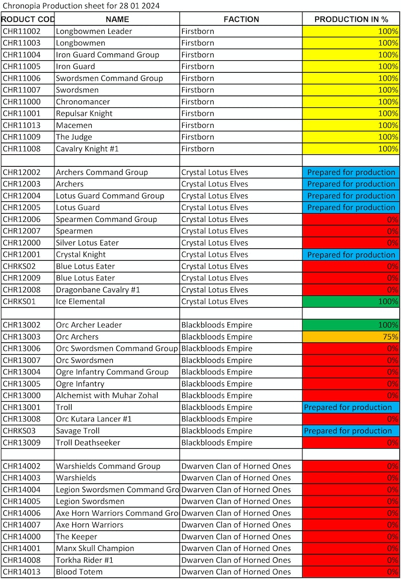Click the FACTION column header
[x=241, y=19]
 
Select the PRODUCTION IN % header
[x=351, y=19]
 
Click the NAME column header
[x=117, y=19]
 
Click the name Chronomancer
[x=83, y=101]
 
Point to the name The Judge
[x=74, y=137]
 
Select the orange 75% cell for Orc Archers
[x=351, y=337]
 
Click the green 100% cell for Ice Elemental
[x=351, y=302]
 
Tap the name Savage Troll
[x=78, y=431]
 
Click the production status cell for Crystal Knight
[x=351, y=255]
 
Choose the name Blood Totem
[x=80, y=572]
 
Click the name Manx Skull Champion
[x=95, y=549]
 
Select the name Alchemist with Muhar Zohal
[x=107, y=396]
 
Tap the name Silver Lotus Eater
[x=88, y=243]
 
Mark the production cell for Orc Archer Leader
[x=351, y=325]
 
